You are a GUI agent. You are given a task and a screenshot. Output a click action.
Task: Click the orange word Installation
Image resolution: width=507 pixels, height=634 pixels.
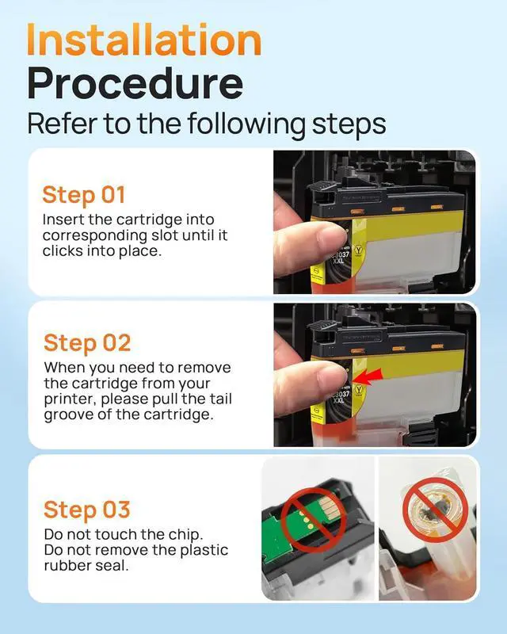(x=144, y=39)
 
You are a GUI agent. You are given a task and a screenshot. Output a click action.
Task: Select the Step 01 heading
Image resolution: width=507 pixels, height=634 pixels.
(x=84, y=195)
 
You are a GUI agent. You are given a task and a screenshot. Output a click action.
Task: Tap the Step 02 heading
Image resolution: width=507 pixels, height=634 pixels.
(x=87, y=343)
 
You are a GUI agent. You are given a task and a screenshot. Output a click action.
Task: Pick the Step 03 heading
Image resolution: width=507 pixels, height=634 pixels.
(x=87, y=510)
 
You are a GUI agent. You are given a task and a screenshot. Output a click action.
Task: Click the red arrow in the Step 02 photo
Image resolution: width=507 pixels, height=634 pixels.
(x=368, y=376)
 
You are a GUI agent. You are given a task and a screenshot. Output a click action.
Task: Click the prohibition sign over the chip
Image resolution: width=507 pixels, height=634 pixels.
(x=314, y=520)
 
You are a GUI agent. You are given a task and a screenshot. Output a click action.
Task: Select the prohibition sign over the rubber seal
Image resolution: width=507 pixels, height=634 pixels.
(x=435, y=510)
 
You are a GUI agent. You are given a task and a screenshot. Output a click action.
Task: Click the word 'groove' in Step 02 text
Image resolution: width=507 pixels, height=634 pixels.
(x=65, y=415)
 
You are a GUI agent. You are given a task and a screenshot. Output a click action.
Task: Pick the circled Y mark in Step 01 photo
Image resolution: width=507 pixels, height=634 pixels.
(x=358, y=250)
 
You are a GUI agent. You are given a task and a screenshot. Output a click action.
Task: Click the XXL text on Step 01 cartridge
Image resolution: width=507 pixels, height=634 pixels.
(x=338, y=261)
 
